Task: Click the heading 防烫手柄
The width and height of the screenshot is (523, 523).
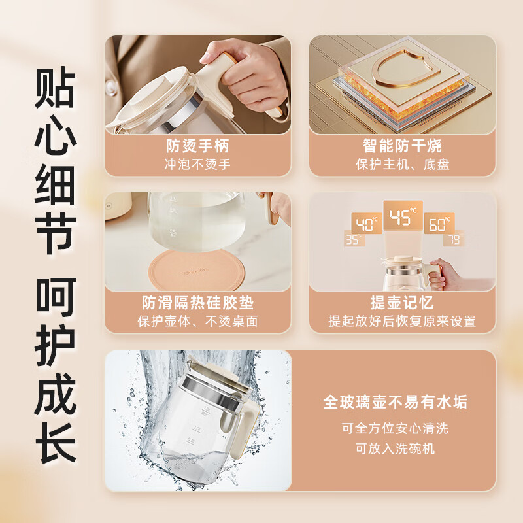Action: pyautogui.click(x=197, y=145)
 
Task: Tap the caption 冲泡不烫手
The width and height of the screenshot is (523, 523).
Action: pyautogui.click(x=197, y=164)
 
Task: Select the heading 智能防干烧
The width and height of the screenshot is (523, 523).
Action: pyautogui.click(x=402, y=145)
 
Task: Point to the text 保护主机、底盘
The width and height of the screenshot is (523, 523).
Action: pyautogui.click(x=402, y=164)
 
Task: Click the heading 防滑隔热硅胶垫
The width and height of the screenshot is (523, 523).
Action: pyautogui.click(x=197, y=303)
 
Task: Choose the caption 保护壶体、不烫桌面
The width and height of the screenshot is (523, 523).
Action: pyautogui.click(x=197, y=321)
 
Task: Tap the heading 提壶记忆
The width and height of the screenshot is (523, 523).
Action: pyautogui.click(x=402, y=303)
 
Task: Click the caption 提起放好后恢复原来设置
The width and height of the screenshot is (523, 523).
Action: pyautogui.click(x=402, y=321)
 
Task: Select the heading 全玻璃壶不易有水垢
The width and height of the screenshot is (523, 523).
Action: pyautogui.click(x=396, y=401)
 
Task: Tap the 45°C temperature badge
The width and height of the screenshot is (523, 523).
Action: pyautogui.click(x=403, y=216)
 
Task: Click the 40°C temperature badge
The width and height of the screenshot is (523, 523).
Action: pyautogui.click(x=367, y=224)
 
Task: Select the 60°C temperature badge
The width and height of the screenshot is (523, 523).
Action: pyautogui.click(x=439, y=224)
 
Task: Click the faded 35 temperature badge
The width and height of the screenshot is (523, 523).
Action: pyautogui.click(x=353, y=240)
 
